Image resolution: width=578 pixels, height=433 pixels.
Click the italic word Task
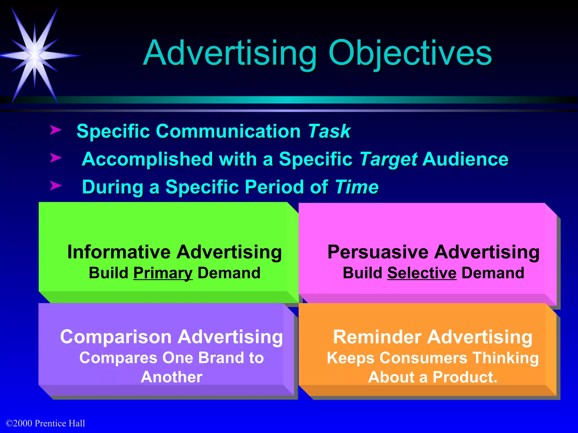coord(329,131)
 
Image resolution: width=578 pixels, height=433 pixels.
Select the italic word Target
coord(388,160)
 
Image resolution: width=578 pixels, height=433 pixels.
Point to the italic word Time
coord(357,187)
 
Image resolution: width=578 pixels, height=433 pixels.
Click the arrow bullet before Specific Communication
coord(56,130)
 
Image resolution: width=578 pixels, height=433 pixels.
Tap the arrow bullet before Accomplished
coord(56,158)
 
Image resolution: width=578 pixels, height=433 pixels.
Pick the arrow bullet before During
coord(56,185)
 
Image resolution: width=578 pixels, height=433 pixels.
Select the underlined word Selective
coord(422,273)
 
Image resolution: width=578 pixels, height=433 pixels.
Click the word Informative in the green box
coord(119,252)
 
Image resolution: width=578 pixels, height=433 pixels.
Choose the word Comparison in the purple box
coord(116,337)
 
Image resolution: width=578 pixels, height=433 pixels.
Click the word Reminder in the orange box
coord(378,337)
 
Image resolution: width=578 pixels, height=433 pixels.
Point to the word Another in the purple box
coord(172,377)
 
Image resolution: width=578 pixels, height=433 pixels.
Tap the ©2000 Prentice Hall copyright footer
coord(45,423)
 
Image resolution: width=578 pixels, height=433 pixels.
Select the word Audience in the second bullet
coord(465,160)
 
